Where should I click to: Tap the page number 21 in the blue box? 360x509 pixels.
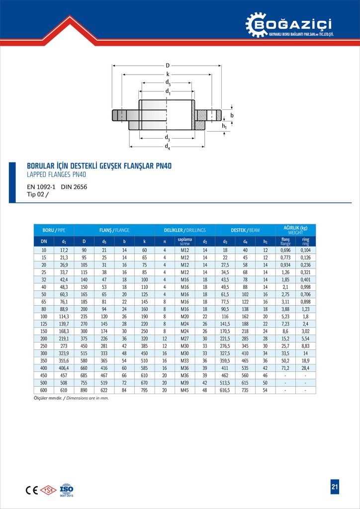[x=335, y=487]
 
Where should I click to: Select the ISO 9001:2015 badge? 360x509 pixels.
[x=67, y=490]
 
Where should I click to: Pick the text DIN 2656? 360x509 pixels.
[x=74, y=187]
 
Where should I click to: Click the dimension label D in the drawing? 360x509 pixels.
[x=168, y=65]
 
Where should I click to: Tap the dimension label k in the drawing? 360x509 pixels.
[x=168, y=74]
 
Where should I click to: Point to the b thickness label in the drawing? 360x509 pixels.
[x=232, y=115]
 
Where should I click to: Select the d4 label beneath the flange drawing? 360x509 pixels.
[x=168, y=147]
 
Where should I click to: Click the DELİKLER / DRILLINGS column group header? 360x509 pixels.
[x=184, y=230]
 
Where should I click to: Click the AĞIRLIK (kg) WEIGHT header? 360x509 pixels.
[x=295, y=230]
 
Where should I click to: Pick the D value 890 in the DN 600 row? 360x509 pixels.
[x=84, y=390]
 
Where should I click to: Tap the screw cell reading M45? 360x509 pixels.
[x=184, y=390]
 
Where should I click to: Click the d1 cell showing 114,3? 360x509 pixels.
[x=64, y=316]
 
